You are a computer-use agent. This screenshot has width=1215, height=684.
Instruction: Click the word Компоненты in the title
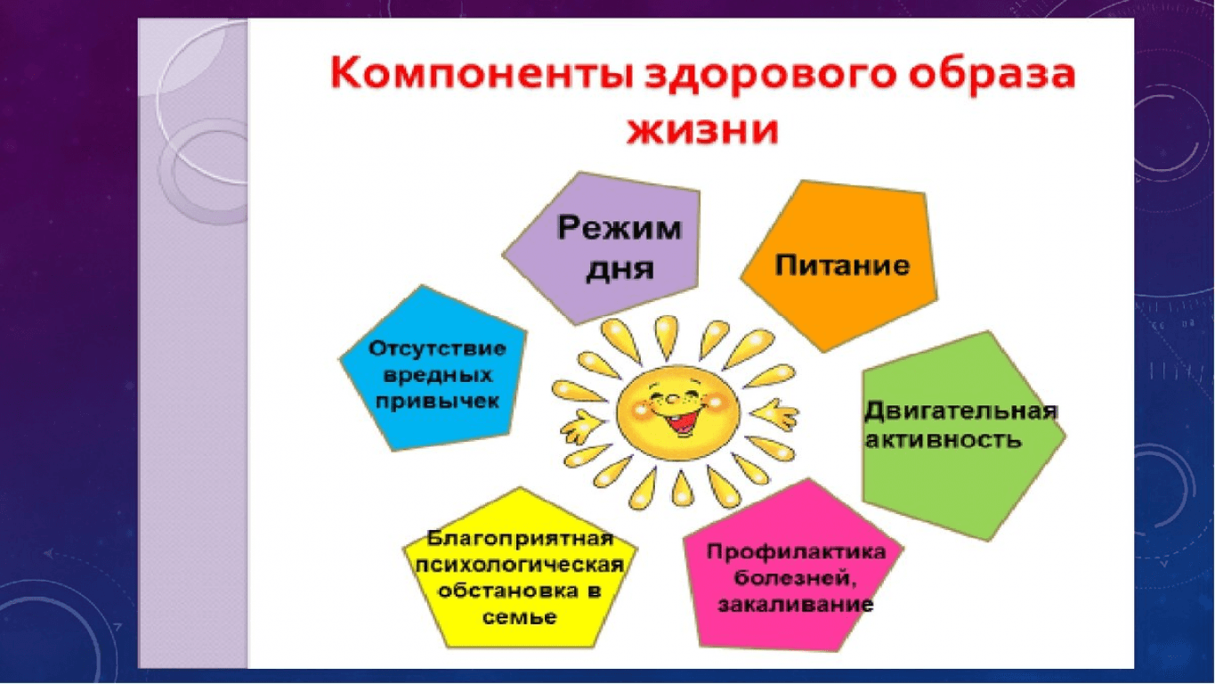[482, 75]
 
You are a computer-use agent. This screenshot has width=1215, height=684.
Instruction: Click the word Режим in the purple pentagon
[620, 227]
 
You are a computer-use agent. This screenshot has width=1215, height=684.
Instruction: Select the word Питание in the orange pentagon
[842, 265]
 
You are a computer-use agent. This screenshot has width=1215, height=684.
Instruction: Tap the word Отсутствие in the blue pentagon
[437, 349]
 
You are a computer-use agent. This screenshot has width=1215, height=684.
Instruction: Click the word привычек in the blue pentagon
[437, 403]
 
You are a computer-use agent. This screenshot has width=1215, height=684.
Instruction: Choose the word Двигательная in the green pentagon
[960, 411]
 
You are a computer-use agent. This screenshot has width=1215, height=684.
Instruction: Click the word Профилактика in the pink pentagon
[797, 552]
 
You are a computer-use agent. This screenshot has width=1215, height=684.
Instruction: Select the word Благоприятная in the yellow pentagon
[520, 539]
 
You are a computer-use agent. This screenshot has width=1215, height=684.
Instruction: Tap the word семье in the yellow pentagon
[519, 617]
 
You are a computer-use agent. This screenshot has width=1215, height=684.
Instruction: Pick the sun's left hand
[580, 426]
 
